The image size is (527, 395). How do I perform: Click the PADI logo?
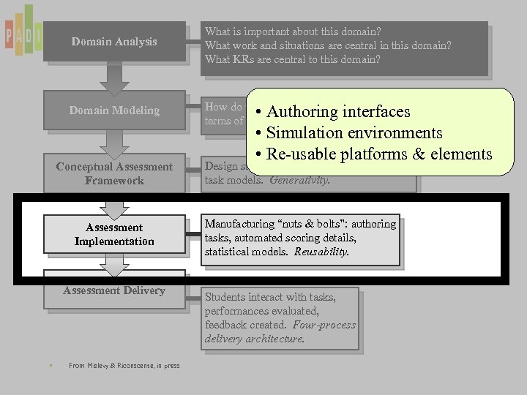click(x=23, y=32)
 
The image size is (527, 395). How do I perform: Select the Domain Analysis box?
click(x=114, y=42)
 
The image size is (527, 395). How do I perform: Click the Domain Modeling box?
click(x=114, y=110)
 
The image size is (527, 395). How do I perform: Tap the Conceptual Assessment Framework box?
click(x=114, y=174)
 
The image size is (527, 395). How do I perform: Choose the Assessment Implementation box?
click(x=114, y=235)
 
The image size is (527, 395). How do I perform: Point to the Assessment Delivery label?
click(x=114, y=290)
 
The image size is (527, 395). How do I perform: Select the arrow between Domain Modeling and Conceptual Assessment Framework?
click(x=114, y=142)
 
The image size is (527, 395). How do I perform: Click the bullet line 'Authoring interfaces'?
click(x=333, y=112)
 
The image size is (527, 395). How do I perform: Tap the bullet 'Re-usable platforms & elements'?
click(x=373, y=154)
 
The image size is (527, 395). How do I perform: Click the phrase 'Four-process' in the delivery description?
click(x=324, y=325)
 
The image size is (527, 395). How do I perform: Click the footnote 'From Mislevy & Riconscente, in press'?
click(x=124, y=366)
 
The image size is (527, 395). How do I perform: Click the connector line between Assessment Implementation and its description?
click(x=194, y=235)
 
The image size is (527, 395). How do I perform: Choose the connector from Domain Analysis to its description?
click(x=193, y=42)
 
